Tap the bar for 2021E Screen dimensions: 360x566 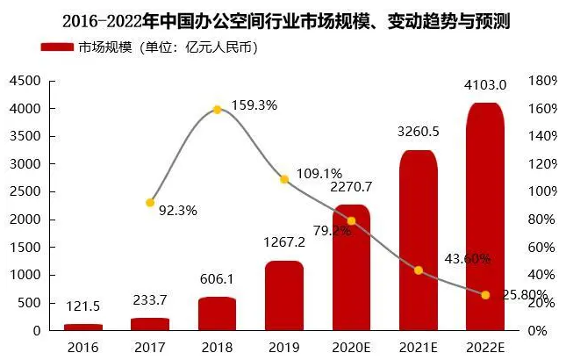point(419,241)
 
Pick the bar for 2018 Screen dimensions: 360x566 point(217,314)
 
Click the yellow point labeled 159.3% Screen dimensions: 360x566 point(217,110)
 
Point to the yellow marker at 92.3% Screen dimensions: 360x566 point(150,203)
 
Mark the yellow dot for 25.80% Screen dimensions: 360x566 point(485,294)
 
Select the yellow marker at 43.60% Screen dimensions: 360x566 point(419,270)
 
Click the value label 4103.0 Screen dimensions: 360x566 point(485,85)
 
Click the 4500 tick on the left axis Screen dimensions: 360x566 point(25,81)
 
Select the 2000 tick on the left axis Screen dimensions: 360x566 point(25,220)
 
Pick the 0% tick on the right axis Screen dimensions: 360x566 point(540,331)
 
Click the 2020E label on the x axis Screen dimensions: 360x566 point(351,348)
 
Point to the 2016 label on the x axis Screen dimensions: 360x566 point(82,348)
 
